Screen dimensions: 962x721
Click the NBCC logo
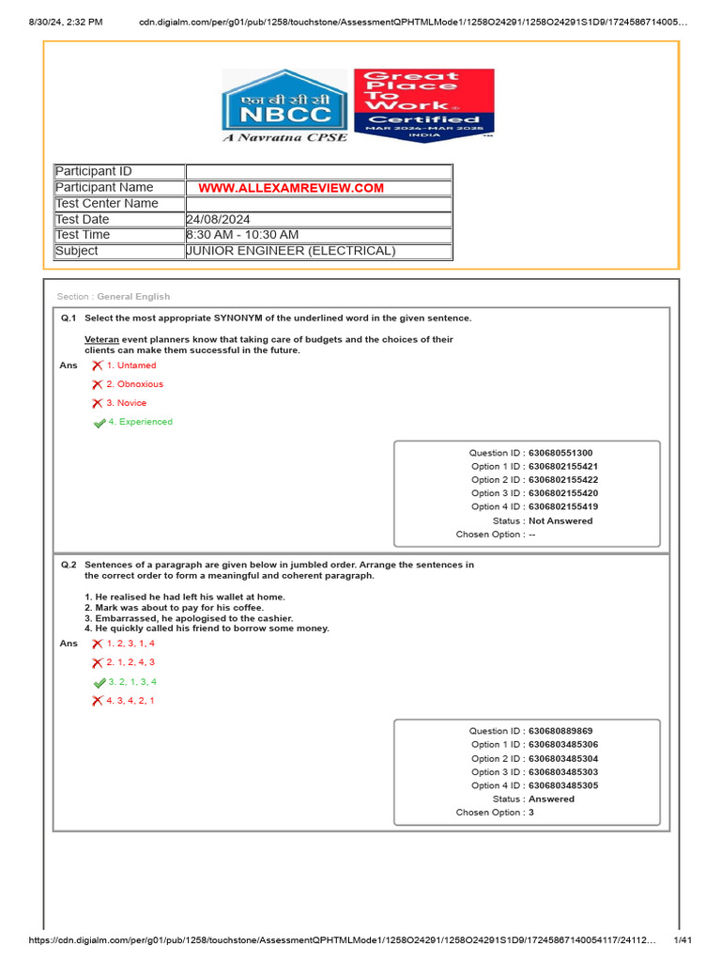coord(284,106)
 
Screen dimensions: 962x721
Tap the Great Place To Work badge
coord(423,104)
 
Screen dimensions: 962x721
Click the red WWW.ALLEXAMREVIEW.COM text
coord(291,188)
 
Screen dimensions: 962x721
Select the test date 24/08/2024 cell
coord(318,219)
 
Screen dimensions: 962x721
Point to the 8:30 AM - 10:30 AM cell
coord(318,235)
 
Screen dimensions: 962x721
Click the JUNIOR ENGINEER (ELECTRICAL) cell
coord(318,251)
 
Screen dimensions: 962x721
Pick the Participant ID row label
coord(94,171)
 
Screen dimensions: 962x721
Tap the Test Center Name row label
coord(107,203)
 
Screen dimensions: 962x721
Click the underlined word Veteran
coord(101,339)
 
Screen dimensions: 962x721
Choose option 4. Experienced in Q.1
coord(140,422)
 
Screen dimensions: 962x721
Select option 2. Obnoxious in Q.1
coord(134,384)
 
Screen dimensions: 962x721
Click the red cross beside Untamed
coord(97,365)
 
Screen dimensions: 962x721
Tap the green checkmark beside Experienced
coord(99,423)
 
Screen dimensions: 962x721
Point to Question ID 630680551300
coord(560,453)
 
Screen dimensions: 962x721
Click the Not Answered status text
coord(560,520)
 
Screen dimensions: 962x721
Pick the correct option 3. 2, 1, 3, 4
coord(131,682)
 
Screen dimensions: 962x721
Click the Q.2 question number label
coord(69,565)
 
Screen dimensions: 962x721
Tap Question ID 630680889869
coord(560,731)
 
